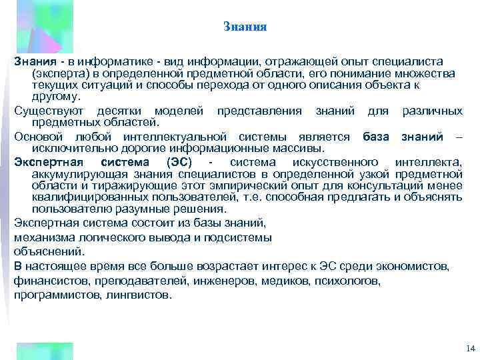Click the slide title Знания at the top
click(245, 27)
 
